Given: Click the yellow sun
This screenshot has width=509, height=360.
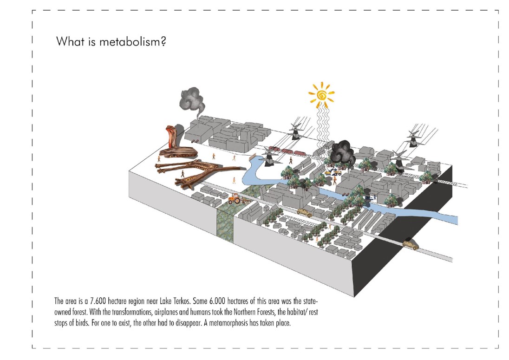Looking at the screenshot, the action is click(x=321, y=95).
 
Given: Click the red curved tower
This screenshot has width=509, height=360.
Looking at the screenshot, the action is click(x=171, y=137).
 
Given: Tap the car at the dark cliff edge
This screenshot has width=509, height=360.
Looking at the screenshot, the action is click(x=411, y=244).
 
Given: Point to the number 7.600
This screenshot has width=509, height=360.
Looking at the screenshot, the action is click(x=98, y=301).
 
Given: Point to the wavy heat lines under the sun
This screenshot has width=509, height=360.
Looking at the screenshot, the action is click(x=323, y=125).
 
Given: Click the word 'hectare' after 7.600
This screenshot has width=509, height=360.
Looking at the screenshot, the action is click(x=117, y=301).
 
